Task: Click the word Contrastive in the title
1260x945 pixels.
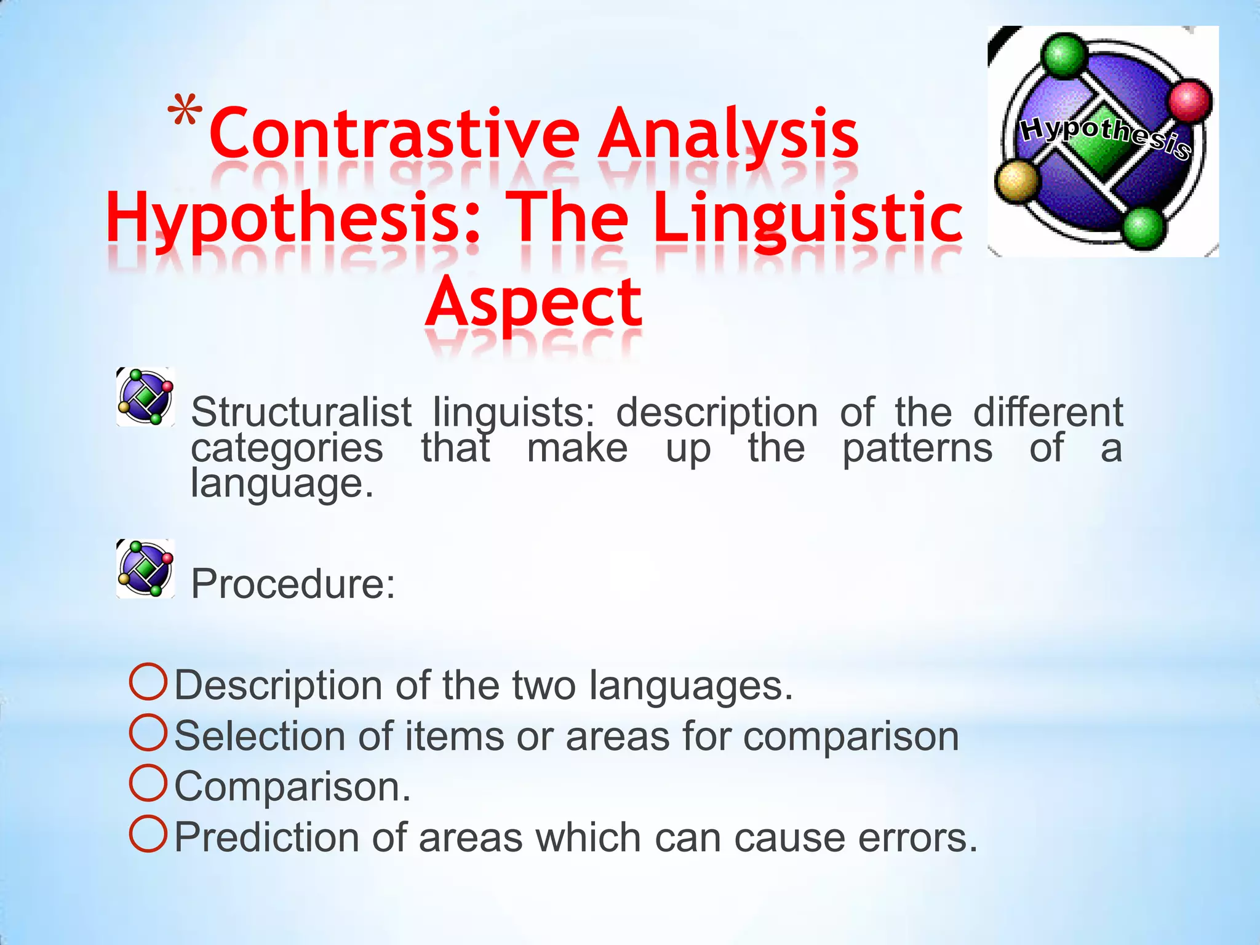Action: point(394,134)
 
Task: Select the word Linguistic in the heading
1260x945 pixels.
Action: point(807,218)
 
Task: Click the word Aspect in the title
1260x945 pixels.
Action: point(533,303)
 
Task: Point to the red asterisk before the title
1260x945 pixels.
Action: point(185,112)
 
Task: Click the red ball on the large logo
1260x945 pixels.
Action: point(1189,100)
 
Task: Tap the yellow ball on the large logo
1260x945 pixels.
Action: point(1017,181)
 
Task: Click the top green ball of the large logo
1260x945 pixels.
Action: point(1064,54)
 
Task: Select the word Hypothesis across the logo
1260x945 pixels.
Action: point(1104,135)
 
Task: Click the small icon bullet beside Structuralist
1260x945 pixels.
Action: point(146,397)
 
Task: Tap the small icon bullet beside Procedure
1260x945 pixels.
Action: point(146,568)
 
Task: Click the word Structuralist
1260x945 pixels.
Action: point(301,412)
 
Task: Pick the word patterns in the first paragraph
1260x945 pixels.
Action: point(917,448)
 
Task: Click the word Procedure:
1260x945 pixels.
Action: point(293,584)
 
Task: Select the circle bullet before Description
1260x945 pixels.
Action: point(148,682)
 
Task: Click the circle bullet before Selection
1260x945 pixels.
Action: point(148,732)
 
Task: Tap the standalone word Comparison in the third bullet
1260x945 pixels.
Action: point(292,787)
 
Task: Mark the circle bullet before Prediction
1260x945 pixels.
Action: point(148,834)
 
